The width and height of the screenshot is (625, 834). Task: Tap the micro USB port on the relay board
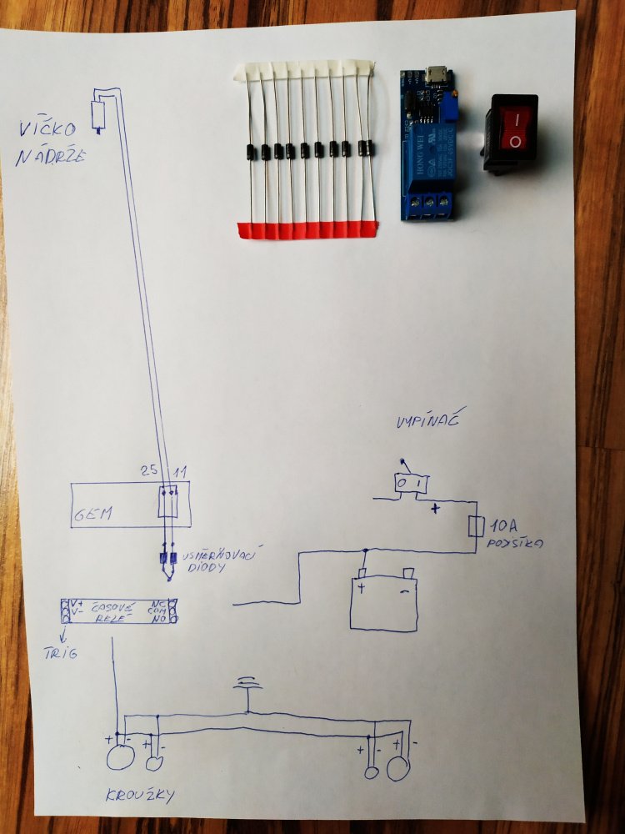pyautogui.click(x=433, y=77)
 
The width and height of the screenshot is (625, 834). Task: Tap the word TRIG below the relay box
pyautogui.click(x=60, y=653)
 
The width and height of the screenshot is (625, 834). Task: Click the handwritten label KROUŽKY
pyautogui.click(x=140, y=796)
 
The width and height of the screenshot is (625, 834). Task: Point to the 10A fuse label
pyautogui.click(x=503, y=525)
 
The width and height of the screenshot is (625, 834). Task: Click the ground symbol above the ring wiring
pyautogui.click(x=247, y=686)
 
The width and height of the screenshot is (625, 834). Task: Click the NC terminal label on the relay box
pyautogui.click(x=158, y=602)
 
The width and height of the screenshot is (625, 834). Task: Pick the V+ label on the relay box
pyautogui.click(x=77, y=603)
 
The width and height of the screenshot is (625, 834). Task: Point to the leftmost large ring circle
pyautogui.click(x=121, y=757)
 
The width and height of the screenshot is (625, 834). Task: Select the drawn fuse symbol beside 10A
pyautogui.click(x=476, y=526)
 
